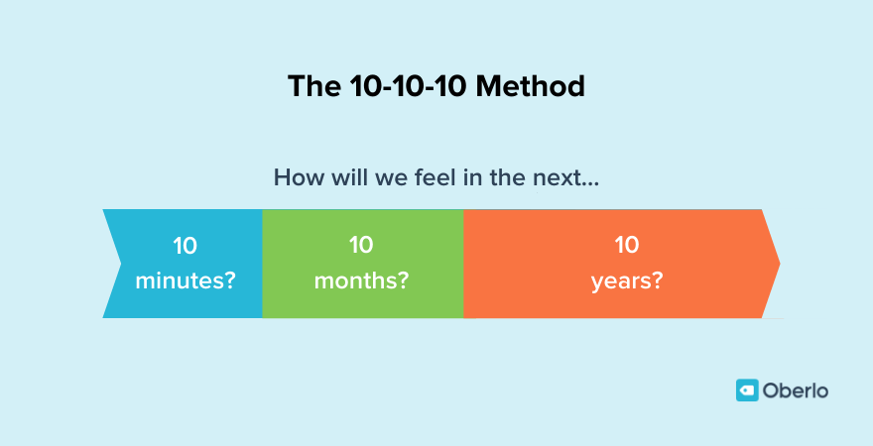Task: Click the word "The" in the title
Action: pos(312,86)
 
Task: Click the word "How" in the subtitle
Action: pos(295,179)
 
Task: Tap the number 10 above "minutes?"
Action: pos(186,246)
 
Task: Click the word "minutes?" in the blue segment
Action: pos(186,280)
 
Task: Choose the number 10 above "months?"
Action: pos(362,246)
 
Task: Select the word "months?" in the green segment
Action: pos(362,280)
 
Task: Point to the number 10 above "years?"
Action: pos(626,246)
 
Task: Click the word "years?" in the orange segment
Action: pos(626,280)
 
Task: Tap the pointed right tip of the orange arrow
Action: pos(777,264)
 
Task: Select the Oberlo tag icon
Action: pos(746,390)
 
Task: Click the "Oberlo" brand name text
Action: pos(796,390)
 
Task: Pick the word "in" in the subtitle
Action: pos(471,179)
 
